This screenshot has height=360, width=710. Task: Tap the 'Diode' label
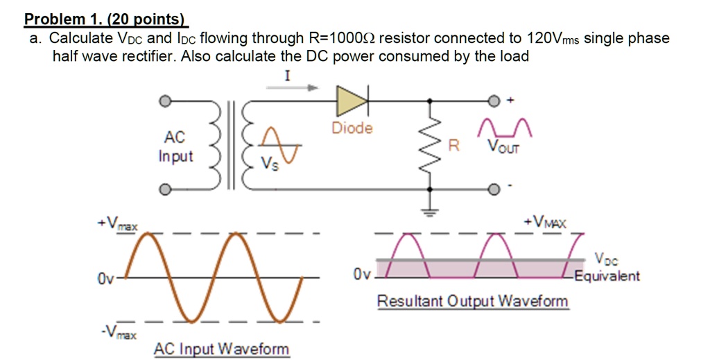(x=352, y=128)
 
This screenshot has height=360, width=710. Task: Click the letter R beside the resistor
(x=453, y=146)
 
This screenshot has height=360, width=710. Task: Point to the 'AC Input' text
(x=175, y=146)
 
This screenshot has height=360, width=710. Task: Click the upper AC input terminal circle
(x=164, y=101)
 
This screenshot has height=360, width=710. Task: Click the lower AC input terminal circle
(x=164, y=189)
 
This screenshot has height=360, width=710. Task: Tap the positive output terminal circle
(x=494, y=101)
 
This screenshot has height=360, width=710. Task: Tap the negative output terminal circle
(x=494, y=189)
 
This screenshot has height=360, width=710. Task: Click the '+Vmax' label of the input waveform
(x=118, y=224)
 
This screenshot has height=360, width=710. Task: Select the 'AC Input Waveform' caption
(x=221, y=348)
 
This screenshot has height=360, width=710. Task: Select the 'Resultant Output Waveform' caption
(x=472, y=302)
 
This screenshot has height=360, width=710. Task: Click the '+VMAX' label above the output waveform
(x=546, y=223)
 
